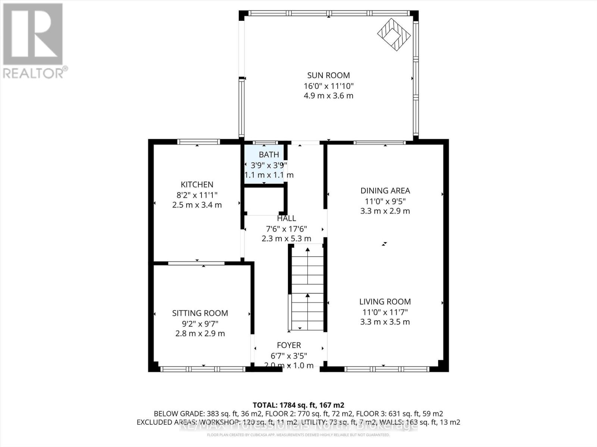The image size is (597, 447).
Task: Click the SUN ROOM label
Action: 328,76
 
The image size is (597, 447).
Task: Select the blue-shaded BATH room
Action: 265,164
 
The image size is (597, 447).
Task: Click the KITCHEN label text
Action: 197,185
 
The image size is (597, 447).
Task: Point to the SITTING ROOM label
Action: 200,313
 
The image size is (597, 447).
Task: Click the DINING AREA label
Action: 385,191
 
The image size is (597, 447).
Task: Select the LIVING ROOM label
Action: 385,302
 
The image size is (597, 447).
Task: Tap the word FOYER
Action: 289,345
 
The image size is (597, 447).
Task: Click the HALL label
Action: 287,218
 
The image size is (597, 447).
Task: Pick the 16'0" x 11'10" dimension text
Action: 328,86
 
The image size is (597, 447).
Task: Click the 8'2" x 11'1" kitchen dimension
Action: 197,195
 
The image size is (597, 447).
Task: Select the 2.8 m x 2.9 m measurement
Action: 200,333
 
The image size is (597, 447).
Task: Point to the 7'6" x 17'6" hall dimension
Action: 287,229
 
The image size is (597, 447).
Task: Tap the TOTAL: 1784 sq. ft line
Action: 298,405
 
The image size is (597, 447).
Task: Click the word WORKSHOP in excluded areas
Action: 220,422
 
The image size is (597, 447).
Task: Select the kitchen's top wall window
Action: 198,142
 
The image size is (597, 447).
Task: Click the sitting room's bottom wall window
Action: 203,369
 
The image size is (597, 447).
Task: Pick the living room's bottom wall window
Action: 387,369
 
